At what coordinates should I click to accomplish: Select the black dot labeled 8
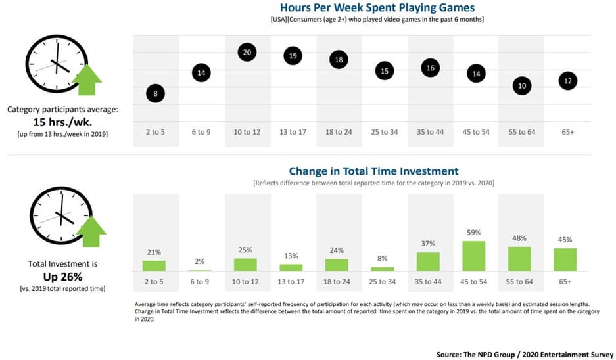tap(156, 93)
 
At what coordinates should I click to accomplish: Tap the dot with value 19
tap(293, 56)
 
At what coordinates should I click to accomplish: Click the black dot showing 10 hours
tap(521, 86)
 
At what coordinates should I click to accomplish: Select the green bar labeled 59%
tap(474, 256)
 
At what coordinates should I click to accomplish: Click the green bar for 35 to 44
tap(429, 261)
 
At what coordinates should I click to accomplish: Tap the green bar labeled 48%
tap(519, 259)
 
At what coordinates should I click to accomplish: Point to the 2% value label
tap(200, 261)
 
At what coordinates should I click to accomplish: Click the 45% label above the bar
tap(565, 240)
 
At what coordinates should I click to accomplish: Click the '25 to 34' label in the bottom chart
tap(383, 282)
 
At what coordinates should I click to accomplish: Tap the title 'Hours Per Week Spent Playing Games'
tap(377, 8)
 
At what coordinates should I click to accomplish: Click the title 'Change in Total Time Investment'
tap(373, 171)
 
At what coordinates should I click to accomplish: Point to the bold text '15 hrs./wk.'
tap(62, 122)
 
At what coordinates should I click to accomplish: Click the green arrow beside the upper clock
tap(87, 79)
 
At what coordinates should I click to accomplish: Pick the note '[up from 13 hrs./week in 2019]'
tap(62, 133)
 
